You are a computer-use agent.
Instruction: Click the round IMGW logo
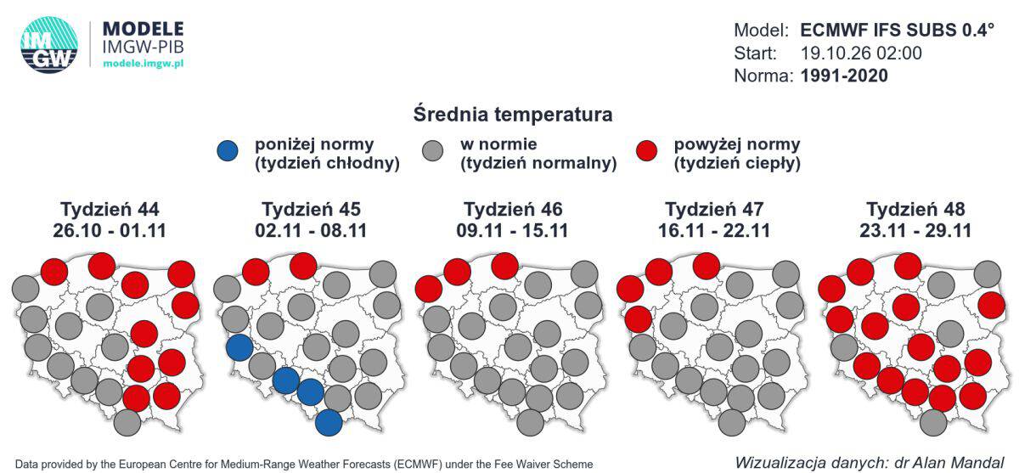[49, 45]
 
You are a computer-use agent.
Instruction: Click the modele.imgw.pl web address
[144, 63]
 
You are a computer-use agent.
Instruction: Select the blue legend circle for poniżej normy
[228, 150]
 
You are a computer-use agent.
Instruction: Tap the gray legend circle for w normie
[432, 150]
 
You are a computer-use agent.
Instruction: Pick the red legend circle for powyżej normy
[646, 150]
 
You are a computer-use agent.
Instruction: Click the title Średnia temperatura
[513, 114]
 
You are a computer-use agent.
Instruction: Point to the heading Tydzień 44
[110, 209]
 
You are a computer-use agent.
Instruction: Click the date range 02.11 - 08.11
[311, 230]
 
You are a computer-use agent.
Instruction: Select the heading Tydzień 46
[513, 209]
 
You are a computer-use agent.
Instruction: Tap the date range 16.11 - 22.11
[714, 230]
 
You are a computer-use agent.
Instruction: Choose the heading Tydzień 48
[915, 209]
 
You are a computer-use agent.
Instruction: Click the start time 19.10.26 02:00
[861, 53]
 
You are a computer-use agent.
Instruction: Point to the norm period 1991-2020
[844, 76]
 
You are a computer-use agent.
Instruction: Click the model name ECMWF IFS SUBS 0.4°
[897, 30]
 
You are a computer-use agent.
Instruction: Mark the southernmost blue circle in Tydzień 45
[329, 423]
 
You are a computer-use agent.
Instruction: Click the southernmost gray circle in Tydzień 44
[127, 423]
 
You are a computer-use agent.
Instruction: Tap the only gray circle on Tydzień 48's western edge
[844, 347]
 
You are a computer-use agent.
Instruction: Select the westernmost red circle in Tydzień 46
[429, 289]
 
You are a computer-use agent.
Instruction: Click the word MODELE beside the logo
[144, 29]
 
